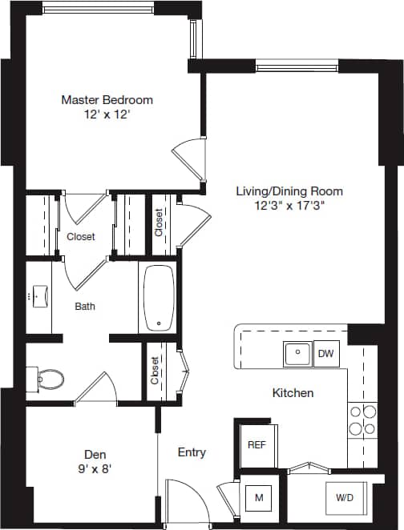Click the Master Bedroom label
pyautogui.click(x=107, y=100)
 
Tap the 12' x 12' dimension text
pyautogui.click(x=107, y=114)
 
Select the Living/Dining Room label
pyautogui.click(x=289, y=191)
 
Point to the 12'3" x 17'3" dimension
pyautogui.click(x=289, y=205)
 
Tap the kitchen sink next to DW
pyautogui.click(x=297, y=352)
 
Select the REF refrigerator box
pyautogui.click(x=257, y=444)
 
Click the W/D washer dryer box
pyautogui.click(x=345, y=498)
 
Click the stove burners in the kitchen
pyautogui.click(x=362, y=420)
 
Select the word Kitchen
pyautogui.click(x=293, y=393)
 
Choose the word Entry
pyautogui.click(x=192, y=452)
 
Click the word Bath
pyautogui.click(x=87, y=306)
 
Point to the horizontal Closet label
pyautogui.click(x=80, y=236)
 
